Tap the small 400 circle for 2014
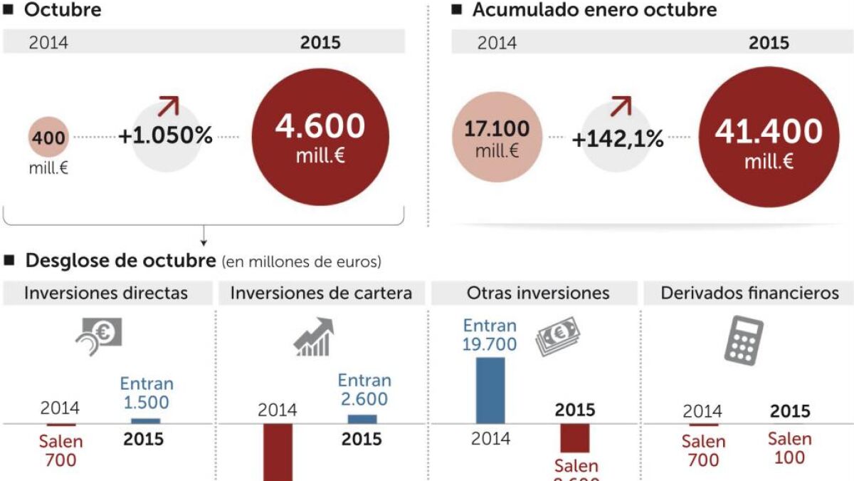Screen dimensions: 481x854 coord(48,138)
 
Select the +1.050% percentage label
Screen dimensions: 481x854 coord(165,136)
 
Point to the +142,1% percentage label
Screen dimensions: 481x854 coord(618,139)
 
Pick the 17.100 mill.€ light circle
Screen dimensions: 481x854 coord(497,138)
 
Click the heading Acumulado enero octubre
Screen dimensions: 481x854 coord(594,10)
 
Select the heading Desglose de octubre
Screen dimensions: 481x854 coord(120,261)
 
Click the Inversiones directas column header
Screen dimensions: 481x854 coord(106,293)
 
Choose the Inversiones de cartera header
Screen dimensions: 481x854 coord(321,293)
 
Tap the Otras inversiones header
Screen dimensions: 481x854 coord(538,293)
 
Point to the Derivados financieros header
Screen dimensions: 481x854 coord(749,293)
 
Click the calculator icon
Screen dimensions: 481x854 coord(743,341)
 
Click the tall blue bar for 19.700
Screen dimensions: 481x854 coord(490,391)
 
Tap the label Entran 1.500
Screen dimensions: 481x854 coord(147,393)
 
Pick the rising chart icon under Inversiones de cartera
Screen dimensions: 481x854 coord(313,338)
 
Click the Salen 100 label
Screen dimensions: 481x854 coord(789,448)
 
